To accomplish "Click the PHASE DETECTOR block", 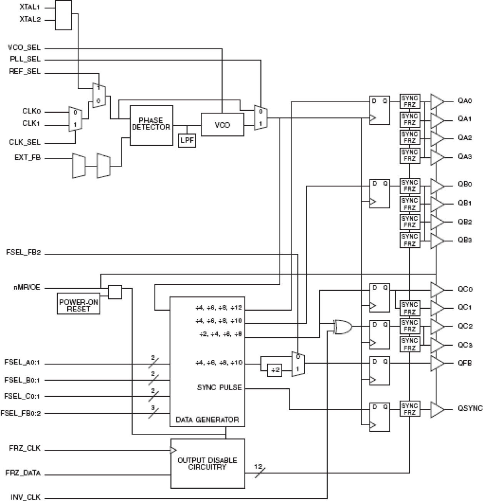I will pyautogui.click(x=151, y=125).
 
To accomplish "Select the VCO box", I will pyautogui.click(x=222, y=125).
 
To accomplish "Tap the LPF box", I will pyautogui.click(x=187, y=141).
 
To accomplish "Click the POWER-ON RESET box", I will pyautogui.click(x=78, y=305).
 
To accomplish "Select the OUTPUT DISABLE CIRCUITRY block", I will pyautogui.click(x=207, y=463).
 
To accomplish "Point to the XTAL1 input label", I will pyautogui.click(x=30, y=7).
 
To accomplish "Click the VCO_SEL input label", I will pyautogui.click(x=24, y=48).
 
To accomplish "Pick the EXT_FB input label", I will pyautogui.click(x=27, y=157).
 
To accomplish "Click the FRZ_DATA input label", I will pyautogui.click(x=23, y=473).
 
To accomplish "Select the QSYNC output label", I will pyautogui.click(x=470, y=408).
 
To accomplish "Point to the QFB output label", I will pyautogui.click(x=465, y=363).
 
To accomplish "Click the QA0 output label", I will pyautogui.click(x=465, y=101).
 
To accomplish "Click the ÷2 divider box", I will pyautogui.click(x=275, y=370).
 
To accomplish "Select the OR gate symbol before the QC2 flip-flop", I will pyautogui.click(x=343, y=327).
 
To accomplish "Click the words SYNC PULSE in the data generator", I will pyautogui.click(x=219, y=388).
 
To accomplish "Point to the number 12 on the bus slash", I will pyautogui.click(x=258, y=466).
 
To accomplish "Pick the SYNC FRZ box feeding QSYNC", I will pyautogui.click(x=410, y=409).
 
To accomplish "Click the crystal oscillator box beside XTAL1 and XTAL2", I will pyautogui.click(x=63, y=15).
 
